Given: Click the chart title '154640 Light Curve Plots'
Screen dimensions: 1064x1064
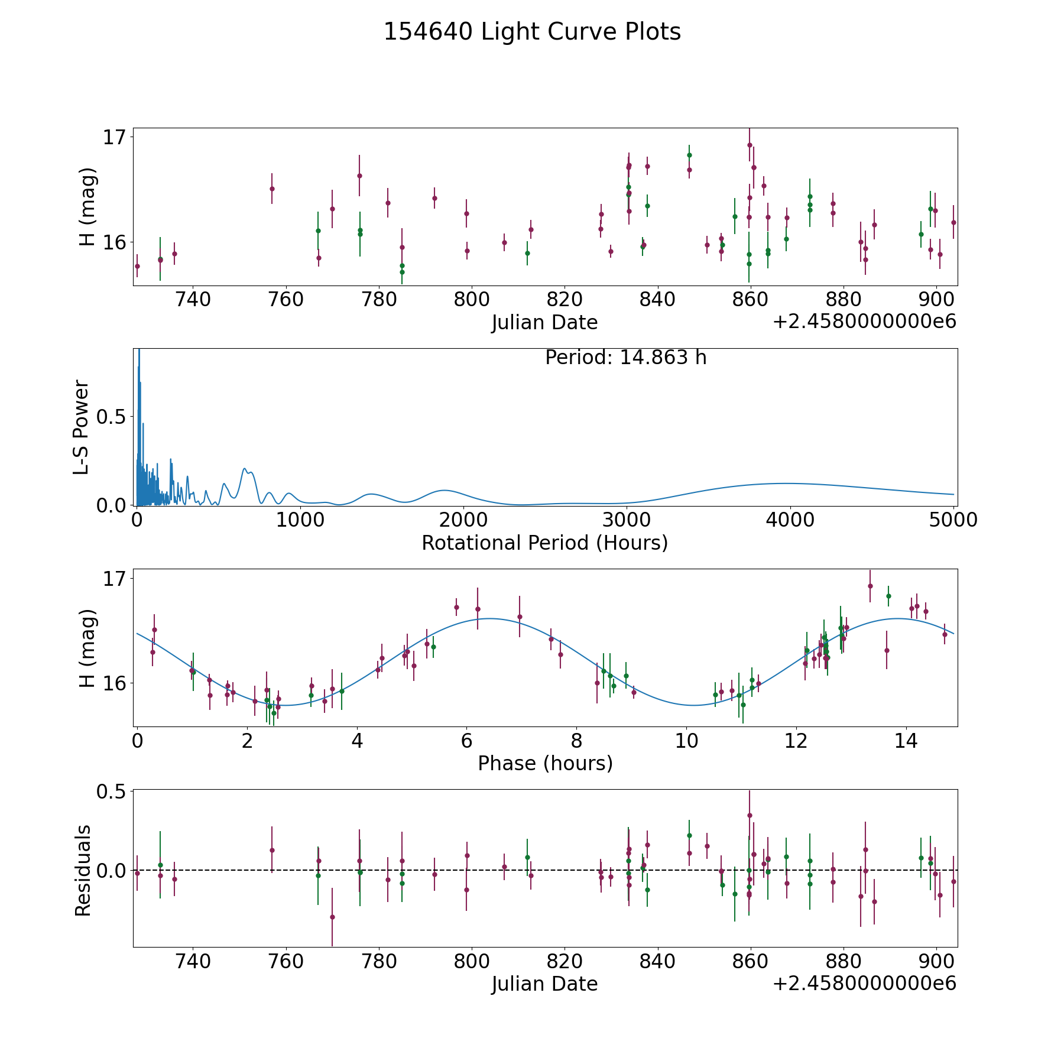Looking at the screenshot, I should click(532, 32).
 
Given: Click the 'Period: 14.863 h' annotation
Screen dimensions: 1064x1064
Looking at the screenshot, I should click(625, 358).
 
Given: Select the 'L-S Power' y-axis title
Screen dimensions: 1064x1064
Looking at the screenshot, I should click(82, 427).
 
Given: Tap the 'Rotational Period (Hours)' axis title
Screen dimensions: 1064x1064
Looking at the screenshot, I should click(544, 543).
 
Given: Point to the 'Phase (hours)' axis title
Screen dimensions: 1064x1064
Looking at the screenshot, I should click(545, 763).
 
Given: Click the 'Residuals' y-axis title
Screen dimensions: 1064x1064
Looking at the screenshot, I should click(83, 870).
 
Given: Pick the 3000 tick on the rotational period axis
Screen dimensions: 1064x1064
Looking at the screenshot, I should click(626, 520).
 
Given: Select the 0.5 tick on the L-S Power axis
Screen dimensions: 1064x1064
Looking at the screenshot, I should click(112, 417).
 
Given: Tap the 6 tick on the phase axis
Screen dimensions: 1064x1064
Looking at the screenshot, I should click(466, 741).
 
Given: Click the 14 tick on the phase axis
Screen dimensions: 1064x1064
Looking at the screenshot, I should click(906, 741).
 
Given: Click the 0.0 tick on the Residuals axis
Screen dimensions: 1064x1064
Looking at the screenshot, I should click(112, 870).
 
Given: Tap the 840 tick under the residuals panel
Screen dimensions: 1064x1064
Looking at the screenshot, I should click(657, 961).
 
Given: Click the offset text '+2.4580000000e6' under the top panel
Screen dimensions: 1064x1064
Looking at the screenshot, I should click(864, 322).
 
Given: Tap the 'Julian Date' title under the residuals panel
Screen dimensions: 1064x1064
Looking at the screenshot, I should click(544, 984).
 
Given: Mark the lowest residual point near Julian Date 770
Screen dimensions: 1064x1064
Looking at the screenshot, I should click(332, 917).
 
